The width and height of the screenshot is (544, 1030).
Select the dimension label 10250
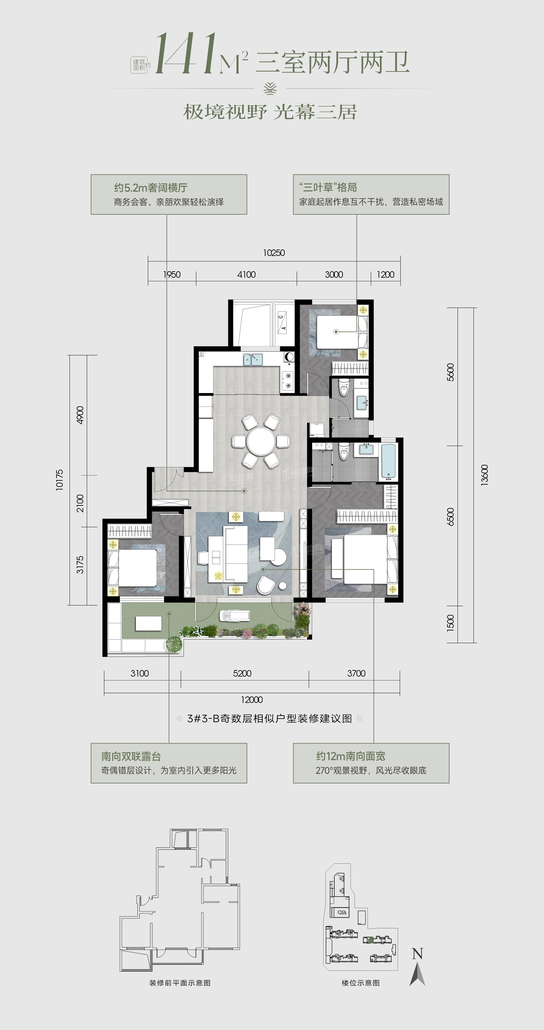(x=274, y=253)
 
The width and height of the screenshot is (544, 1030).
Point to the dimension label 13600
(x=485, y=475)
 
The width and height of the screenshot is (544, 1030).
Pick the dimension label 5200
(x=242, y=673)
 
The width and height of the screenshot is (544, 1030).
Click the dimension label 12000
(x=252, y=700)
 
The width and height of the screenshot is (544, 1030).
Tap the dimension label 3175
(x=80, y=565)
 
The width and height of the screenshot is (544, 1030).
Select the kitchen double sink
(x=253, y=360)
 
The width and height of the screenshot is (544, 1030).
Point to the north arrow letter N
(x=417, y=954)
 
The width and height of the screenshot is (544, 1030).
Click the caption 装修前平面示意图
(x=180, y=983)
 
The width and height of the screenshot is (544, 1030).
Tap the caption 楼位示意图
(x=360, y=983)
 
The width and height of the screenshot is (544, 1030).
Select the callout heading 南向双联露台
(x=131, y=757)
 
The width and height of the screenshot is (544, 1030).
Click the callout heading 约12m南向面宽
(x=350, y=756)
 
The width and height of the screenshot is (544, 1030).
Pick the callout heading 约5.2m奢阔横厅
(x=151, y=187)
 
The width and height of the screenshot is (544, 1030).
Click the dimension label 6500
(x=450, y=516)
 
